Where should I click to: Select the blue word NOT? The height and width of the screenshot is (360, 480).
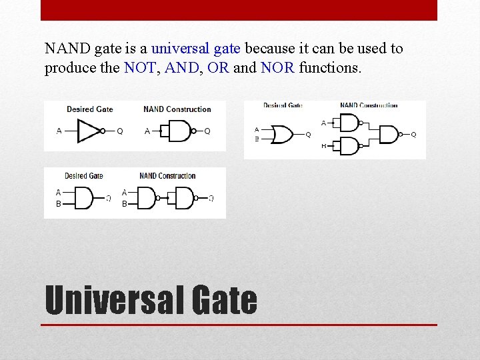pyautogui.click(x=138, y=67)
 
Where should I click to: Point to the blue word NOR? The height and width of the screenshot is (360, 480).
pyautogui.click(x=277, y=67)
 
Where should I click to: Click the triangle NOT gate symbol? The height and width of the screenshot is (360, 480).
pyautogui.click(x=89, y=131)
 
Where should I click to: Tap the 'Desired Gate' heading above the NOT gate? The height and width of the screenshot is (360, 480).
pyautogui.click(x=89, y=109)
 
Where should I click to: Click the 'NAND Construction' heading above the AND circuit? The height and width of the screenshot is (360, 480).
pyautogui.click(x=167, y=176)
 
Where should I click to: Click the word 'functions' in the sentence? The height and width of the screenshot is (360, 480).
pyautogui.click(x=330, y=67)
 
